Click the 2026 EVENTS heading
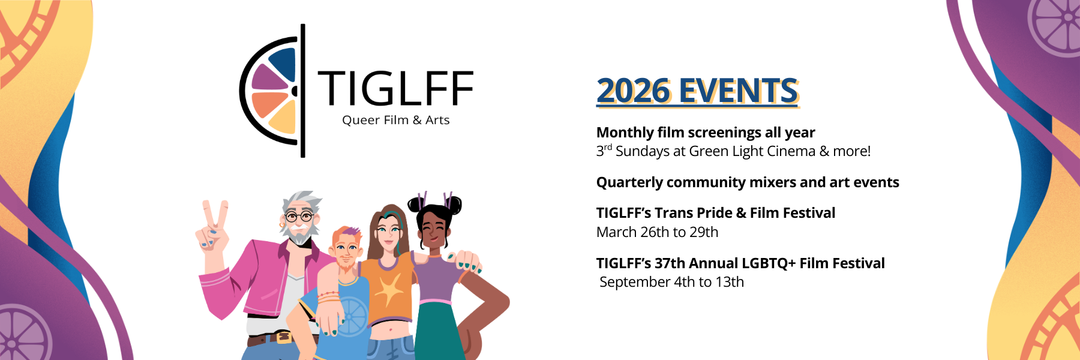tap(697, 91)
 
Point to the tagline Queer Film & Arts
tap(396, 120)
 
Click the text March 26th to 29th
tap(657, 232)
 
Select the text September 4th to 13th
tap(671, 282)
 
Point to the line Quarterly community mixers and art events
tap(748, 182)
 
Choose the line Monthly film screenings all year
tap(706, 133)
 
